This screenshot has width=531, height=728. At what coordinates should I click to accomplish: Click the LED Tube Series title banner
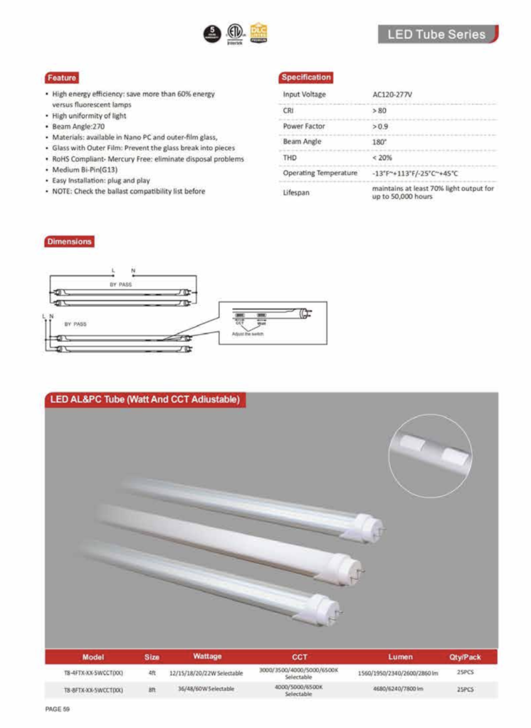(x=436, y=34)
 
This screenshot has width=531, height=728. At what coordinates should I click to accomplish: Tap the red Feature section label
(x=61, y=77)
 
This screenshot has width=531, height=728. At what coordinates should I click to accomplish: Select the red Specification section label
(x=306, y=77)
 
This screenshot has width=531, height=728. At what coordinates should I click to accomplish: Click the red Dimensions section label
(x=69, y=242)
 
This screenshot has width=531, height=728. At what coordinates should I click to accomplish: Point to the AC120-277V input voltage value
(x=393, y=94)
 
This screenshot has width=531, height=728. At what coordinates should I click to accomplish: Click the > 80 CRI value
(x=379, y=110)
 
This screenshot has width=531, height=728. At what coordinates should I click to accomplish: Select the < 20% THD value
(x=382, y=157)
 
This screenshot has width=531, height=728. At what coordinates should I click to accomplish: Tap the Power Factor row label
(x=305, y=126)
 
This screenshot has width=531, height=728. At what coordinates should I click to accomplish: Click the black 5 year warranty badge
(x=211, y=33)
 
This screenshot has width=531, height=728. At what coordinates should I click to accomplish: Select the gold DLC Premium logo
(x=258, y=33)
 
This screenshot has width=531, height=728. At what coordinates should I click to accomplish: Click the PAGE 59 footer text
(x=57, y=710)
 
